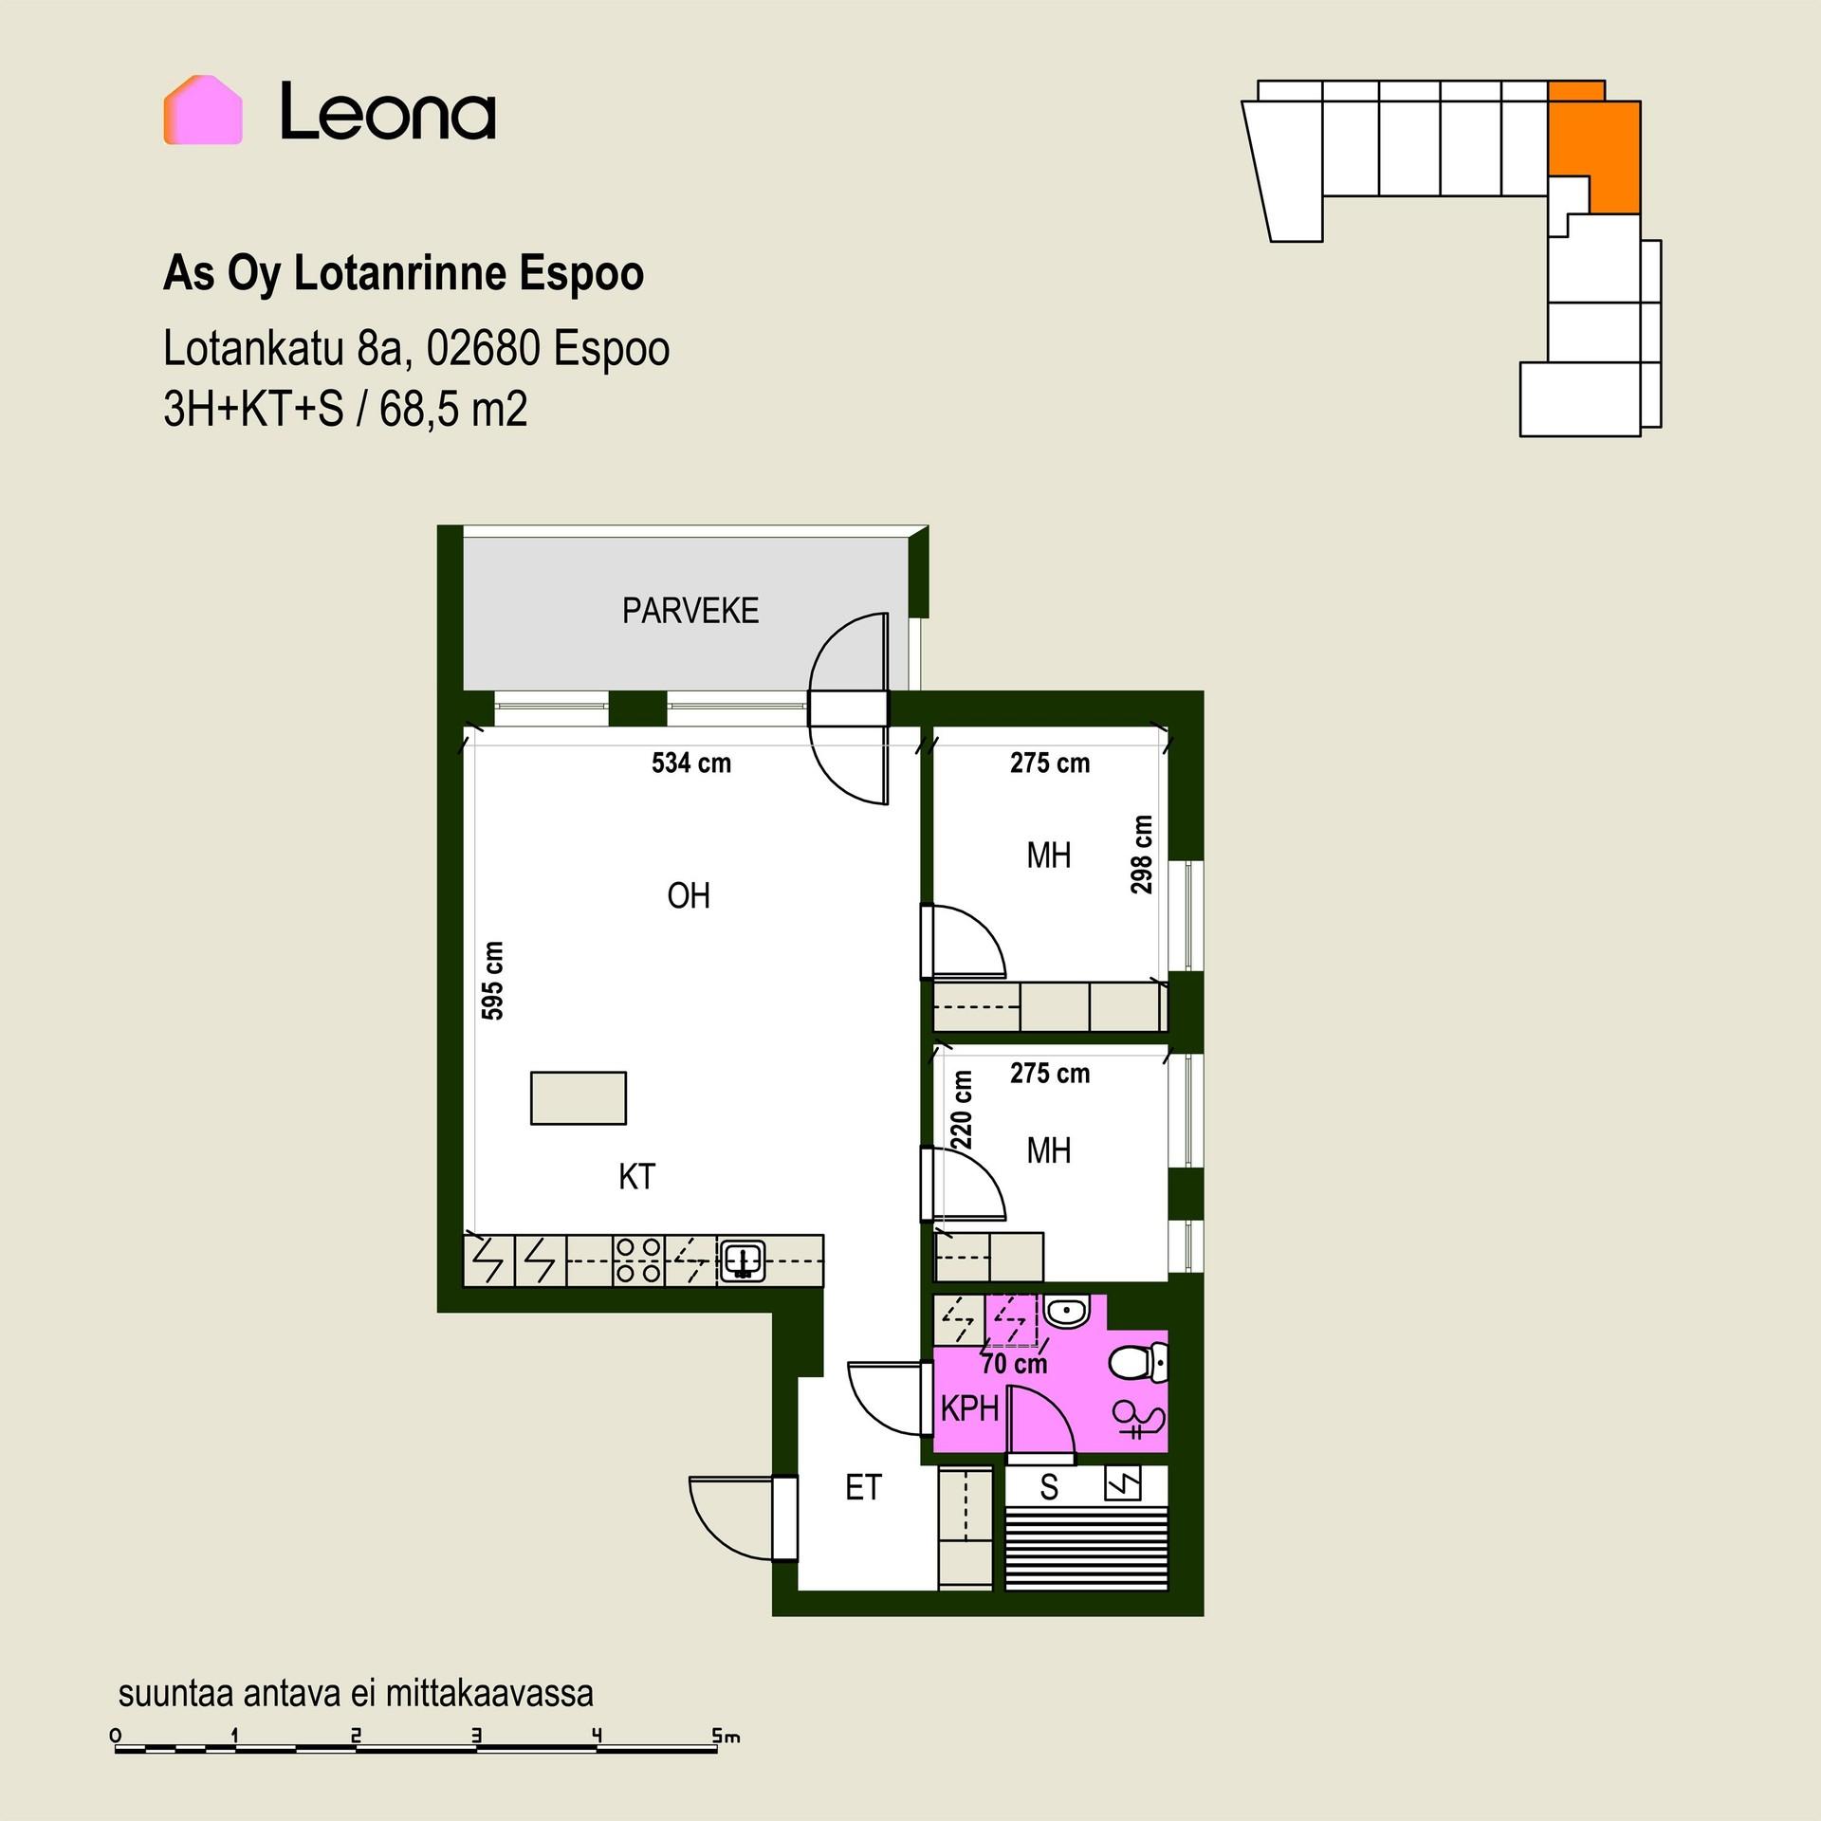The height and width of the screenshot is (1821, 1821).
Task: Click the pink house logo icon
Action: [x=203, y=110]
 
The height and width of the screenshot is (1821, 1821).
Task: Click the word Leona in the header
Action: [x=388, y=112]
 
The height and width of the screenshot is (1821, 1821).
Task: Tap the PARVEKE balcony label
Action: [x=690, y=611]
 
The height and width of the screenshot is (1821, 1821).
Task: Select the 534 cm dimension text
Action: [x=691, y=763]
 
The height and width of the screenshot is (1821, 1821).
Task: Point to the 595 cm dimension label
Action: [x=492, y=981]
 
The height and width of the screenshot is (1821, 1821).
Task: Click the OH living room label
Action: [x=689, y=896]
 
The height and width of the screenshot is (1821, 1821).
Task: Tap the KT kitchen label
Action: [x=636, y=1177]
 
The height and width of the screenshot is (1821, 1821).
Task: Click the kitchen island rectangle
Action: [x=579, y=1097]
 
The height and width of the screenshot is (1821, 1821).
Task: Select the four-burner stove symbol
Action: [x=638, y=1260]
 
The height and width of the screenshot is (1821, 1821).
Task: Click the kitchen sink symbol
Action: [x=743, y=1261]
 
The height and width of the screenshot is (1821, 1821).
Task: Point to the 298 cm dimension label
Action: [x=1142, y=855]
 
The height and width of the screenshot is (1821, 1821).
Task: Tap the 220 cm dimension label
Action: [x=962, y=1110]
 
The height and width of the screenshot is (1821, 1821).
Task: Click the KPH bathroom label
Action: [x=969, y=1408]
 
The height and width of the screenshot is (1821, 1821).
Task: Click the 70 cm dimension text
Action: [x=1014, y=1364]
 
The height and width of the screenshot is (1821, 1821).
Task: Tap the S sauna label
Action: [x=1048, y=1487]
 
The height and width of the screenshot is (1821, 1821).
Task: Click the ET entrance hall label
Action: [x=863, y=1487]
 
